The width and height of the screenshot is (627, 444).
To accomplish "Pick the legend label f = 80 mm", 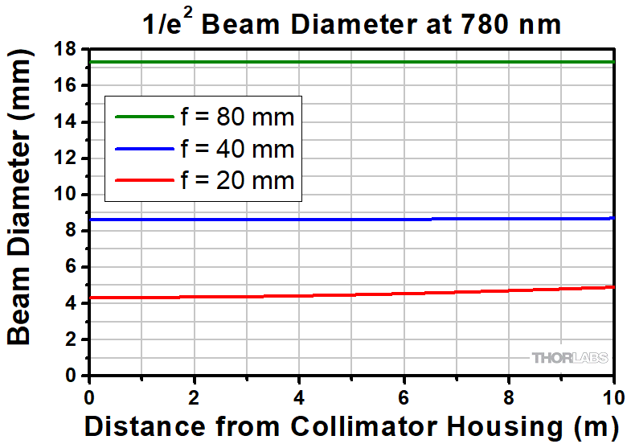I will click(238, 117).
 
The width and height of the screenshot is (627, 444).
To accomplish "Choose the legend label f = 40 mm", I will click(238, 150).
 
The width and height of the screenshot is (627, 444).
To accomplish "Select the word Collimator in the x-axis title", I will click(338, 425).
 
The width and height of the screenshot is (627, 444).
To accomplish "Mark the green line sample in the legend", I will click(145, 117).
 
